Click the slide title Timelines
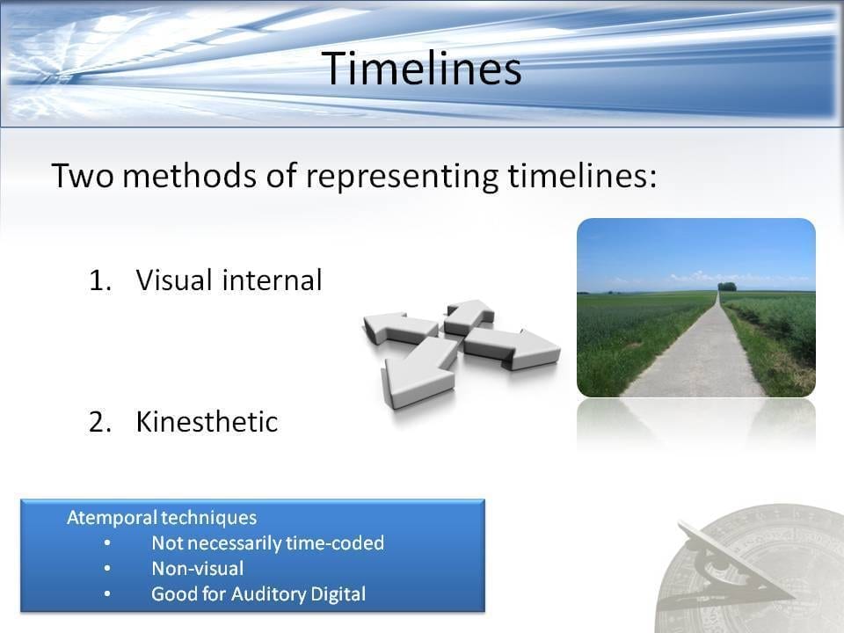click(x=421, y=69)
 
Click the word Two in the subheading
click(x=83, y=176)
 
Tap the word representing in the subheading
click(x=403, y=177)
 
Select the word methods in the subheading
click(x=190, y=176)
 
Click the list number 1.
click(x=99, y=280)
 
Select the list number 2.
click(x=100, y=422)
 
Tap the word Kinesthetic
click(x=207, y=421)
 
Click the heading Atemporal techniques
click(x=162, y=517)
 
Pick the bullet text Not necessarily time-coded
click(x=267, y=543)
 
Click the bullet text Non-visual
click(x=198, y=569)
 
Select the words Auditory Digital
click(x=298, y=594)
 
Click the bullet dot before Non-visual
click(x=107, y=569)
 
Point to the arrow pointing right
click(x=512, y=348)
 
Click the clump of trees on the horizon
click(x=727, y=287)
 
